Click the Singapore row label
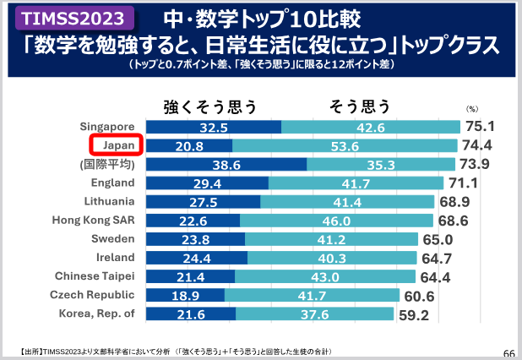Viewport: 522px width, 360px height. tap(107, 127)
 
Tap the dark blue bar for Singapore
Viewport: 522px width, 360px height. tap(213, 128)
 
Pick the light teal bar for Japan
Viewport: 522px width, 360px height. tap(346, 146)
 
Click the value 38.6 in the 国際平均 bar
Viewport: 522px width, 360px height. tap(226, 165)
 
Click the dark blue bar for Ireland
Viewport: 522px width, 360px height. tap(197, 258)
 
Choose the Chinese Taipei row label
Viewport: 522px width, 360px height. tap(95, 275)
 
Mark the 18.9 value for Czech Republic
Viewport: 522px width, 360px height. tap(185, 295)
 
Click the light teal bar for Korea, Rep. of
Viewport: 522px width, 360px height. tap(314, 314)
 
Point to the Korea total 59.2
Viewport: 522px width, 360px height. tap(415, 315)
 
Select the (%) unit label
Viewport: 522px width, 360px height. tap(472, 109)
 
